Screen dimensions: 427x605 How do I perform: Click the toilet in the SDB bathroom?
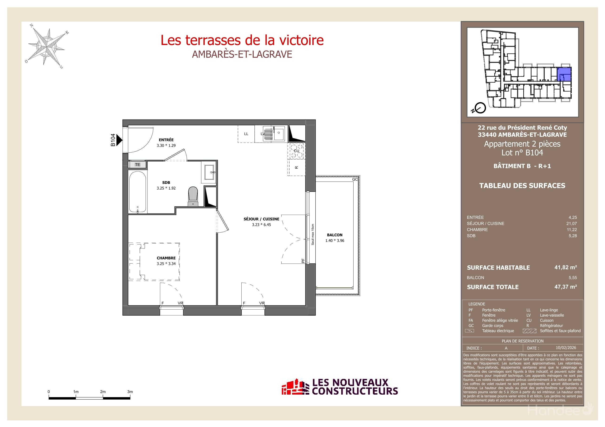pyautogui.click(x=193, y=196)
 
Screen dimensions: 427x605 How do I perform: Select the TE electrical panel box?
pyautogui.click(x=137, y=165)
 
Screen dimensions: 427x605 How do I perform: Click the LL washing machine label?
pyautogui.click(x=246, y=134)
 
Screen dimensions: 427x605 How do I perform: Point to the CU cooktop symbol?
pyautogui.click(x=296, y=151)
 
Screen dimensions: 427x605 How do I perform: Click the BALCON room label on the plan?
pyautogui.click(x=335, y=235)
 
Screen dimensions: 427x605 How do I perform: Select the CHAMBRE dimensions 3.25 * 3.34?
pyautogui.click(x=166, y=264)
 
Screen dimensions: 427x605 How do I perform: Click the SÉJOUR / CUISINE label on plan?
pyautogui.click(x=261, y=219)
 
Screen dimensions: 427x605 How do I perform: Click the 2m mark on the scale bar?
pyautogui.click(x=103, y=392)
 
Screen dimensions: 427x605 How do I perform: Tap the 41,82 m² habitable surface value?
pyautogui.click(x=565, y=267)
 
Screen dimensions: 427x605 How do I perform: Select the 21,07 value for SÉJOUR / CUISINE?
pyautogui.click(x=571, y=223)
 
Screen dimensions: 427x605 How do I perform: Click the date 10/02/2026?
pyautogui.click(x=566, y=348)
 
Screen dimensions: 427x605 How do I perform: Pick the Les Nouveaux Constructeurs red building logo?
pyautogui.click(x=295, y=387)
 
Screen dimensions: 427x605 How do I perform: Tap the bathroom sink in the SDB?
pyautogui.click(x=209, y=172)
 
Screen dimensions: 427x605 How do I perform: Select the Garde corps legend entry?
pyautogui.click(x=493, y=326)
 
